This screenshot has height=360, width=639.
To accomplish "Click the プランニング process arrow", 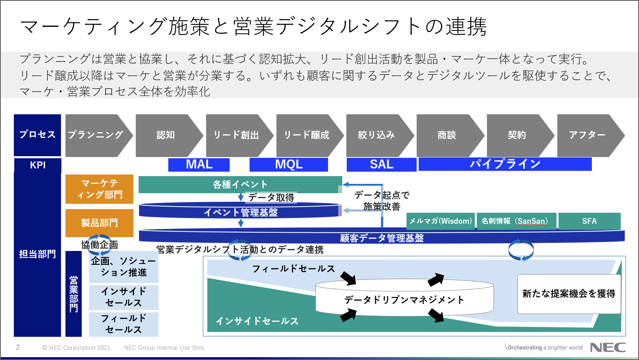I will click(x=96, y=135).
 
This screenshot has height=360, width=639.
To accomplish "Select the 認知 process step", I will click(x=166, y=135).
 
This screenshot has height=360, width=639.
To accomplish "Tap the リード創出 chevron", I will click(x=236, y=135).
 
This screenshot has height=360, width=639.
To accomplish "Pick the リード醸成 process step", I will click(x=306, y=135).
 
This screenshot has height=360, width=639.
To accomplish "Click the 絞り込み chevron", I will click(x=376, y=135).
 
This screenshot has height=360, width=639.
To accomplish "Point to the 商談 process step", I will click(x=447, y=135).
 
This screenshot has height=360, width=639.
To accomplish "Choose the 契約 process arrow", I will click(x=517, y=135).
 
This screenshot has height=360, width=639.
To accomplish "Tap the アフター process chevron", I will click(x=587, y=135).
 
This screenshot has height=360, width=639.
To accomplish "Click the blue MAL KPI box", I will click(x=199, y=164).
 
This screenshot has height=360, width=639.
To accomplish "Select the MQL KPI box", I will click(x=289, y=164).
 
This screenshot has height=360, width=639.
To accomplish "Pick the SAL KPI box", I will click(x=381, y=164).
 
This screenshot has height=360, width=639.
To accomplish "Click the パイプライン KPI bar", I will click(x=505, y=164).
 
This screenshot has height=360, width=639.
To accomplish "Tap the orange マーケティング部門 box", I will click(x=100, y=189).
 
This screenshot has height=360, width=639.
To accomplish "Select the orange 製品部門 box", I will click(x=100, y=223).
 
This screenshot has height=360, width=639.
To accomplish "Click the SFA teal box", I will click(x=589, y=221).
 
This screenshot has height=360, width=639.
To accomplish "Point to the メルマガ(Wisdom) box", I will click(x=441, y=221).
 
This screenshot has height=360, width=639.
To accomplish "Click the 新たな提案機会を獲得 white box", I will click(x=569, y=294).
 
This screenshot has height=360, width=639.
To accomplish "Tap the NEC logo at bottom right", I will click(x=608, y=347).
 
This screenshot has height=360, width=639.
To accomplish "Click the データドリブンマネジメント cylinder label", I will click(x=404, y=300).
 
